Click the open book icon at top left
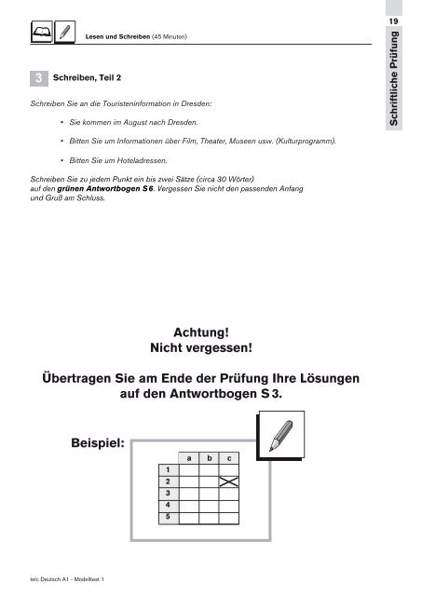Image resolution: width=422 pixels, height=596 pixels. [41, 34]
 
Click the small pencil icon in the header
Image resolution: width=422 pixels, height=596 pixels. [64, 34]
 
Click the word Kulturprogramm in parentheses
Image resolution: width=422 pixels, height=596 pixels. [306, 142]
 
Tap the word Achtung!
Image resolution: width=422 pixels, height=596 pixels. [200, 332]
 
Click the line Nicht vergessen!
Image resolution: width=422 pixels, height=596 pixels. [200, 349]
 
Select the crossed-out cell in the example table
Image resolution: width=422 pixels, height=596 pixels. [230, 481]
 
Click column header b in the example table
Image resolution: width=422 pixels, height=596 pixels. [210, 457]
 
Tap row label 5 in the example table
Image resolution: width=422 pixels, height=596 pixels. [168, 515]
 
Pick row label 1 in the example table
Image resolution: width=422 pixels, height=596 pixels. [168, 469]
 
